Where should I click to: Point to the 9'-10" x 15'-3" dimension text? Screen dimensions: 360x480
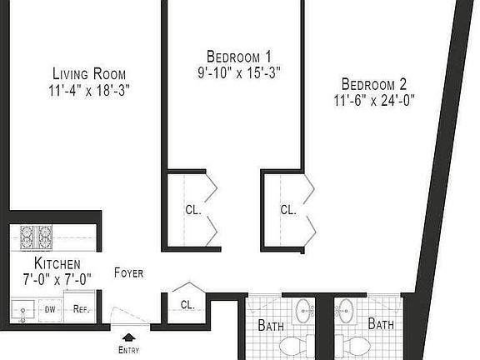[233, 72]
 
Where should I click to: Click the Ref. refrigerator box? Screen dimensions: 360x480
[81, 308]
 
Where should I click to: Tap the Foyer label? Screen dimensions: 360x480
[128, 272]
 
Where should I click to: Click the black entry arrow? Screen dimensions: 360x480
[128, 337]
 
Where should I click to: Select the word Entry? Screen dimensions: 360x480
[128, 349]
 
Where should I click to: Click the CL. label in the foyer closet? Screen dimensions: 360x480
[187, 304]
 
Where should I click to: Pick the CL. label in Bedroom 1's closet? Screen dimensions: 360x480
[193, 211]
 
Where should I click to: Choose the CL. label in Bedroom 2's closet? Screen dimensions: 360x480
[288, 210]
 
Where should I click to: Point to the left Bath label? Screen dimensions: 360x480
[271, 324]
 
